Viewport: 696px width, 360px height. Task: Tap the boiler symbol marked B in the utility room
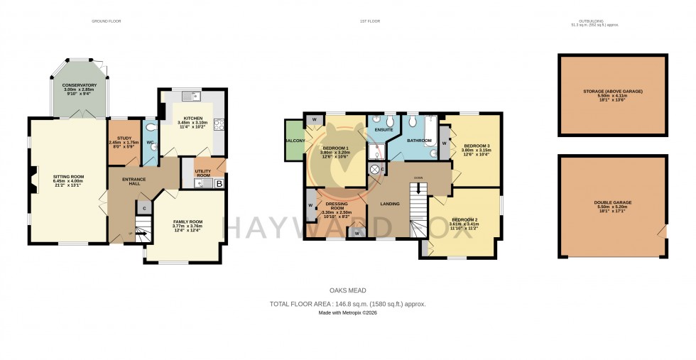pyautogui.click(x=219, y=184)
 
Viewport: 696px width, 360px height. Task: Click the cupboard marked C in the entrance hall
pyautogui.click(x=144, y=208)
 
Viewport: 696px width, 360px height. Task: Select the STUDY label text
pyautogui.click(x=119, y=142)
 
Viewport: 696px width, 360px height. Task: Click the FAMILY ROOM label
pyautogui.click(x=188, y=222)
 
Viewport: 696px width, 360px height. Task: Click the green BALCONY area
pyautogui.click(x=294, y=141)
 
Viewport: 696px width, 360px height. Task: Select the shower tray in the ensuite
pyautogui.click(x=376, y=152)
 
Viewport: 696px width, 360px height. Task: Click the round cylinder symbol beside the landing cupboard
pyautogui.click(x=375, y=170)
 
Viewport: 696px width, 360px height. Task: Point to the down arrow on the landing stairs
pyautogui.click(x=418, y=189)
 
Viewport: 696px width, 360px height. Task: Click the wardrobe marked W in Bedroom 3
pyautogui.click(x=445, y=143)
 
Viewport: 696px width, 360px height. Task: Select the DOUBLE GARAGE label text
pyautogui.click(x=612, y=202)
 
